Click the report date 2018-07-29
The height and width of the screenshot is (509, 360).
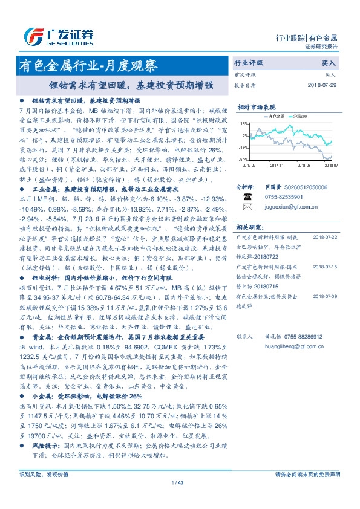[x=321, y=85]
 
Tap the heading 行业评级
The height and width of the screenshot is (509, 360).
[x=249, y=63]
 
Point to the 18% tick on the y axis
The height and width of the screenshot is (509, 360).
[x=244, y=123]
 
